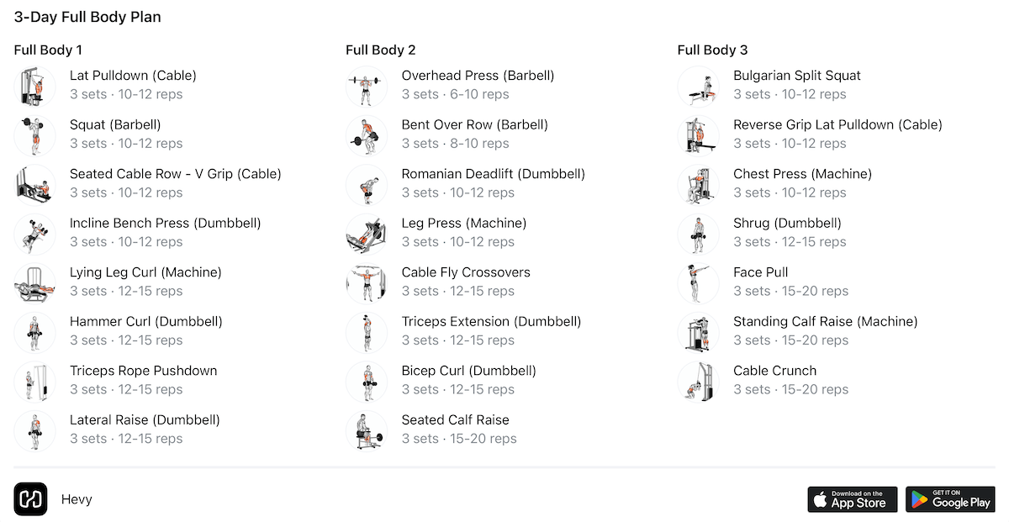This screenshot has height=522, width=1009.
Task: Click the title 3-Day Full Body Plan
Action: [87, 17]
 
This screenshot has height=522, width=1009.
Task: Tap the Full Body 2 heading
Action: [381, 50]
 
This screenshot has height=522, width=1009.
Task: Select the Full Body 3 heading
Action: [713, 50]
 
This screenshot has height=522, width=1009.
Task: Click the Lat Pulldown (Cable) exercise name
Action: [133, 76]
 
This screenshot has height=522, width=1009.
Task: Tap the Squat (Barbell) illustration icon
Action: [34, 135]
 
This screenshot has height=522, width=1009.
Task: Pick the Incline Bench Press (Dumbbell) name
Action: [166, 224]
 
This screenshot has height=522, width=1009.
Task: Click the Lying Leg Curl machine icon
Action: [34, 283]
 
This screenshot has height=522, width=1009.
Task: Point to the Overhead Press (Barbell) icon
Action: [367, 87]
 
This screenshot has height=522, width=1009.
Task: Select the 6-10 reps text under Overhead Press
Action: [479, 94]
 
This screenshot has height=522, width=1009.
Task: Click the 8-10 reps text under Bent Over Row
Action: [479, 143]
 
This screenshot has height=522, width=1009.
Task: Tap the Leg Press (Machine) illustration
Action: [367, 235]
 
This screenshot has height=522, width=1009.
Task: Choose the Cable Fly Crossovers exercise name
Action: [466, 272]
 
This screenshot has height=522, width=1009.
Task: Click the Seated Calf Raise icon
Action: [367, 431]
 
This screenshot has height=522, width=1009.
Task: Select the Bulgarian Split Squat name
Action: [797, 76]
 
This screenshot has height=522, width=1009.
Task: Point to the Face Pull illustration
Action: [698, 283]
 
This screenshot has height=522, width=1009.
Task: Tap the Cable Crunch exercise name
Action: [774, 371]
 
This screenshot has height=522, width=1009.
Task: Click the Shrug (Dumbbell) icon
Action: [698, 235]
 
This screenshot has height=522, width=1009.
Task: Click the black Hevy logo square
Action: [30, 499]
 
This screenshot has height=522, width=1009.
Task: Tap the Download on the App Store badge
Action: [853, 499]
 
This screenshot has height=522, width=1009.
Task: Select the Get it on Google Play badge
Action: [950, 499]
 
